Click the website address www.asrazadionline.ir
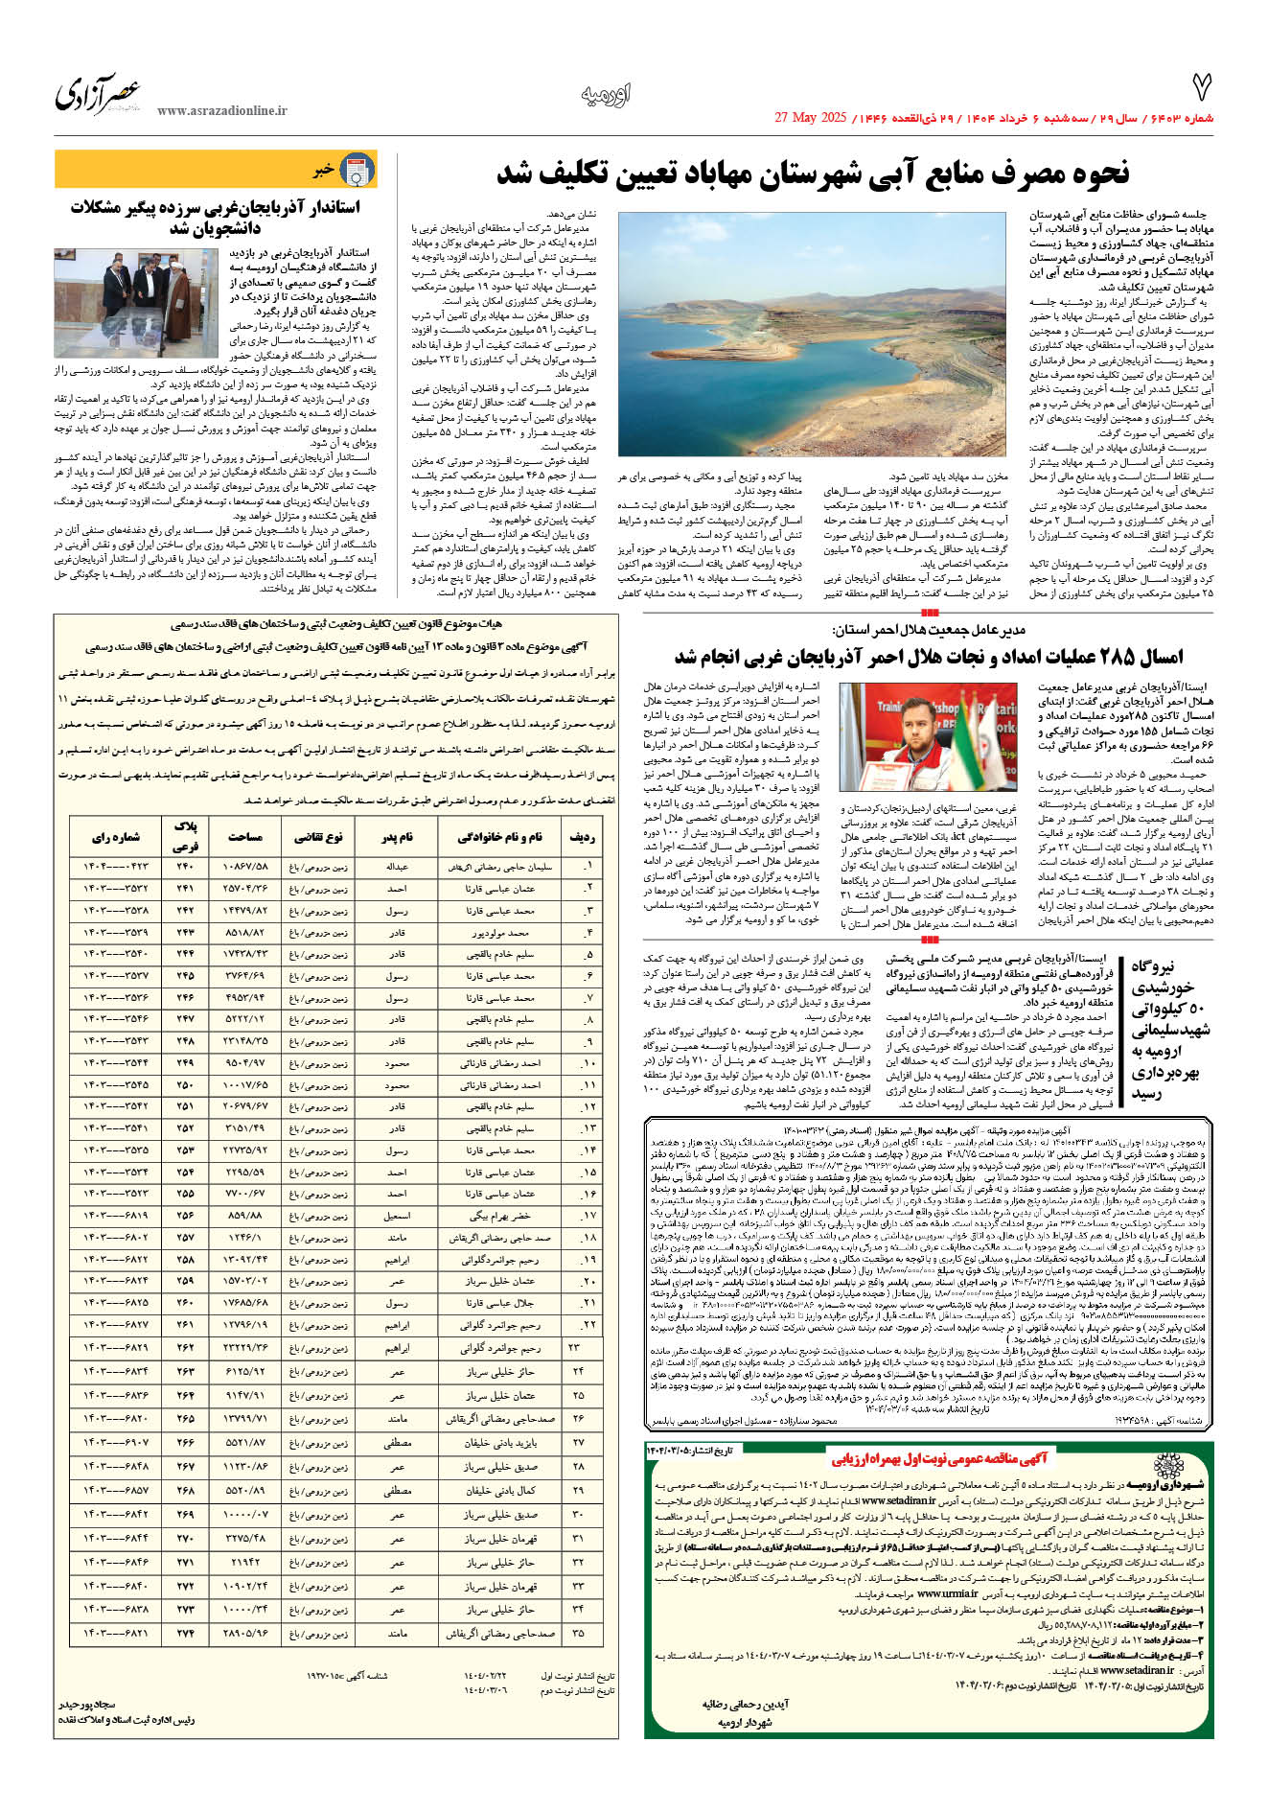(x=221, y=111)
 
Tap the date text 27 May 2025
(x=810, y=118)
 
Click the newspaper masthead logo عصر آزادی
(x=98, y=95)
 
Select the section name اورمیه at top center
(x=606, y=95)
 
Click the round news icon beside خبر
(x=358, y=170)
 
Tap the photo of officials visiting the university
(x=137, y=303)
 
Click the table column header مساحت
(x=245, y=837)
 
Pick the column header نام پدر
(x=396, y=837)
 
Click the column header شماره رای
(x=116, y=837)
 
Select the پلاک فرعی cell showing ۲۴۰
(x=185, y=867)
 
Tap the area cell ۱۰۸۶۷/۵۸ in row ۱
(x=245, y=867)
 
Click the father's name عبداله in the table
(x=396, y=867)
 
